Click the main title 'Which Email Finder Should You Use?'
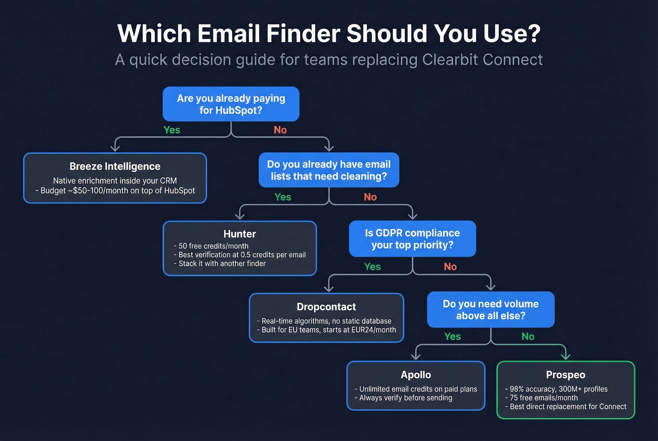pyautogui.click(x=329, y=33)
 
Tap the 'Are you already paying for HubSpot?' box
pyautogui.click(x=231, y=104)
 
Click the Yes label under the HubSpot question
pyautogui.click(x=172, y=130)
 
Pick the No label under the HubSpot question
pyautogui.click(x=280, y=130)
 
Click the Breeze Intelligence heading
pyautogui.click(x=115, y=166)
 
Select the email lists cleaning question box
pyautogui.click(x=329, y=170)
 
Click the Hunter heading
pyautogui.click(x=240, y=234)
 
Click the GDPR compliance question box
pyautogui.click(x=412, y=239)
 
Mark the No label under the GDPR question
pyautogui.click(x=450, y=267)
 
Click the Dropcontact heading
pyautogui.click(x=326, y=307)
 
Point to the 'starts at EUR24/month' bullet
pyautogui.click(x=329, y=330)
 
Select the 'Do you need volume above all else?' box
pyautogui.click(x=491, y=309)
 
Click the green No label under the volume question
pyautogui.click(x=528, y=337)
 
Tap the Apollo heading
pyautogui.click(x=416, y=375)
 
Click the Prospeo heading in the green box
pyautogui.click(x=565, y=375)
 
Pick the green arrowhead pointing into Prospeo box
pyautogui.click(x=565, y=356)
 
